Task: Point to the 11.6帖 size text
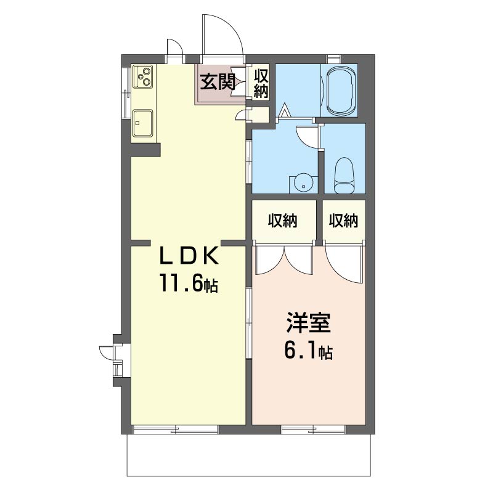[x=189, y=284]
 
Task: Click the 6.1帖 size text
[x=308, y=352]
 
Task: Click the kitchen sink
[x=143, y=123]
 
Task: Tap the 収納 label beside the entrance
[x=261, y=83]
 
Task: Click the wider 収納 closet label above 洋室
[x=282, y=221]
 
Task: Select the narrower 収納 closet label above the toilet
[x=343, y=221]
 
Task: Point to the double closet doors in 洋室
[x=283, y=259]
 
